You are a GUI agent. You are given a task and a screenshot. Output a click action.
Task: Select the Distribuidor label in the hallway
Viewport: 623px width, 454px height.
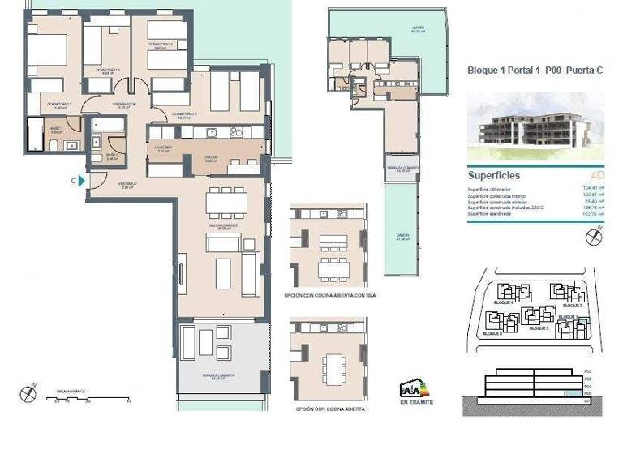[123, 105]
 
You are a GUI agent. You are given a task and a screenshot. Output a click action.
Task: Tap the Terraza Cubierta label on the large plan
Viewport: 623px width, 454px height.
[218, 379]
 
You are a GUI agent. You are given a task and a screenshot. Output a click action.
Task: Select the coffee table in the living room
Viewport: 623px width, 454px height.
[223, 273]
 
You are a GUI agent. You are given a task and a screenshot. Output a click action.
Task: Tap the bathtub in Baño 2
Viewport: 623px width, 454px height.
[108, 126]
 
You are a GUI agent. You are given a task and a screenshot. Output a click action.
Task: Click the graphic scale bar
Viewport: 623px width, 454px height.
[89, 396]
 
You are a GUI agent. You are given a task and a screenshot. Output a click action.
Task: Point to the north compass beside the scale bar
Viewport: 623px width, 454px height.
[28, 393]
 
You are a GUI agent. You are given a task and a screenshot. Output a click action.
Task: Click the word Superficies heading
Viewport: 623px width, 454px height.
[494, 175]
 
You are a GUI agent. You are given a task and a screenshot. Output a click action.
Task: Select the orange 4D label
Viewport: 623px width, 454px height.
[598, 175]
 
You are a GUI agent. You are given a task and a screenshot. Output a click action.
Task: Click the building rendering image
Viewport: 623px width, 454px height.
[535, 126]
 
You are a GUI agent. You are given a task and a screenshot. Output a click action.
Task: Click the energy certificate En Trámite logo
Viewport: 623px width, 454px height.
[416, 393]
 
